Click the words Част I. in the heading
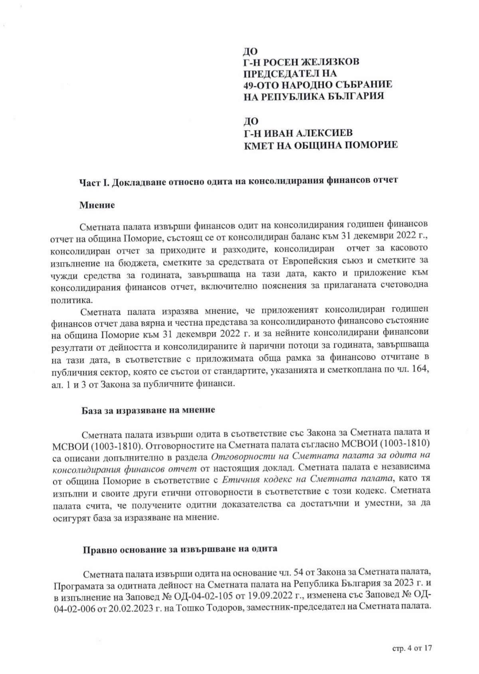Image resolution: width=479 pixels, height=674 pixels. pyautogui.click(x=94, y=181)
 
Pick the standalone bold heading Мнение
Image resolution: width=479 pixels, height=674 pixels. pyautogui.click(x=97, y=206)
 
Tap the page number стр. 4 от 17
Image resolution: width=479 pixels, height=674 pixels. pyautogui.click(x=412, y=648)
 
